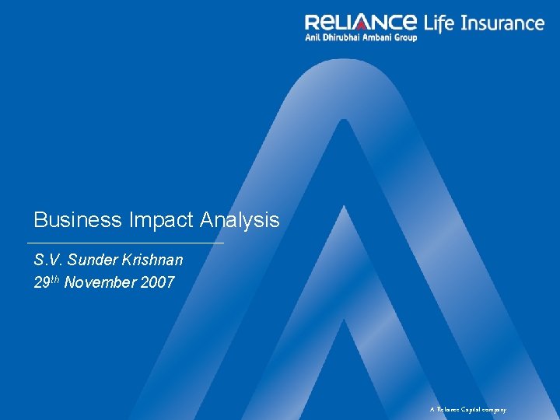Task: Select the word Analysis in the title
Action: pyautogui.click(x=240, y=220)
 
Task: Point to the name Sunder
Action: pyautogui.click(x=94, y=259)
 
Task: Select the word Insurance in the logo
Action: pyautogui.click(x=502, y=23)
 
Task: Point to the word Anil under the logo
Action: pyautogui.click(x=313, y=37)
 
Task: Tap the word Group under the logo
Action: pyautogui.click(x=408, y=37)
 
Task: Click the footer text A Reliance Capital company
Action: pyautogui.click(x=468, y=409)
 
